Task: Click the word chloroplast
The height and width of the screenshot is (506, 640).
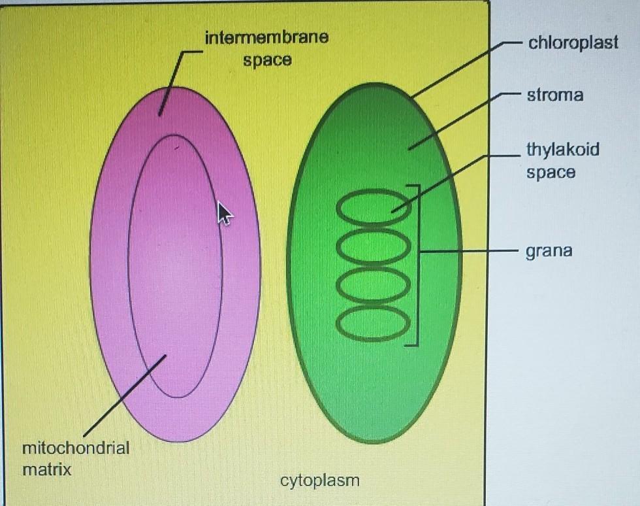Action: [x=573, y=43]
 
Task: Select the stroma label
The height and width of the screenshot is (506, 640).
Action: [x=555, y=95]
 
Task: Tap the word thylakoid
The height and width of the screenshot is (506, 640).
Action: [x=562, y=150]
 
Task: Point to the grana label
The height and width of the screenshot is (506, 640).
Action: [x=549, y=251]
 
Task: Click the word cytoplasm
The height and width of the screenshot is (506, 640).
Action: [x=319, y=481]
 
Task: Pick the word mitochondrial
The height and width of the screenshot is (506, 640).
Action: [x=75, y=448]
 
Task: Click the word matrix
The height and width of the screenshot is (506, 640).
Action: [x=46, y=469]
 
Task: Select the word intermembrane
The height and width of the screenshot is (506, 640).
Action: [x=266, y=38]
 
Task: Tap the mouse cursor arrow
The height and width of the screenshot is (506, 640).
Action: [x=223, y=212]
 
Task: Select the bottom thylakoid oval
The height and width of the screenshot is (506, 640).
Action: [x=374, y=324]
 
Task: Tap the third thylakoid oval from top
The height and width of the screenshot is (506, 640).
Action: [x=374, y=285]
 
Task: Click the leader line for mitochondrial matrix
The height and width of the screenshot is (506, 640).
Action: [x=124, y=396]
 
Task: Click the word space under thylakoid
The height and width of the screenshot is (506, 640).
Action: [x=551, y=173]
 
